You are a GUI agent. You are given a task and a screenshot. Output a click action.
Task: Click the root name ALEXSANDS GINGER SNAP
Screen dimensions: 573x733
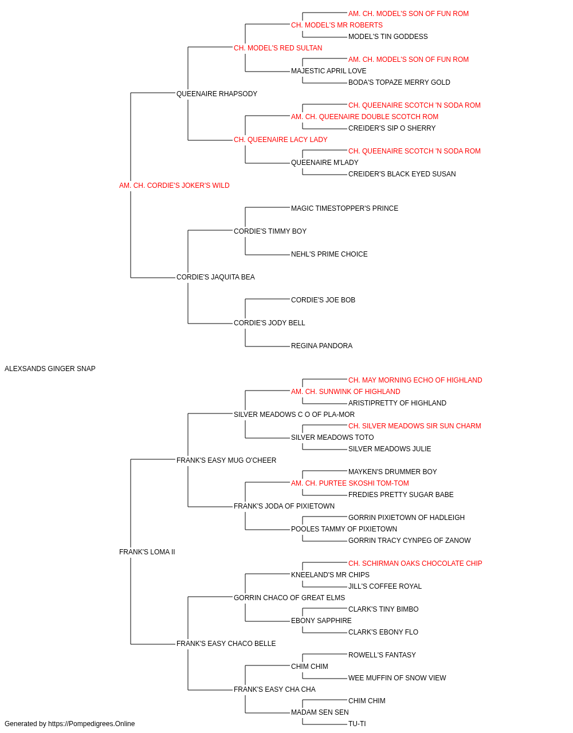pos(50,369)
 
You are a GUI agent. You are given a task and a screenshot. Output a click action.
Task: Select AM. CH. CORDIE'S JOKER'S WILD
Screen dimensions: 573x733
pos(174,186)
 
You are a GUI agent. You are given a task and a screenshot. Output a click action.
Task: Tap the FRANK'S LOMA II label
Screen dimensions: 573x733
pos(147,552)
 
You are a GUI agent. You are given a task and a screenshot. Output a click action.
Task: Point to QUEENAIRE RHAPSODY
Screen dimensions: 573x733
pos(217,94)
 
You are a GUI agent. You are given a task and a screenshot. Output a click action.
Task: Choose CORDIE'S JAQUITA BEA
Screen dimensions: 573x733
pos(215,277)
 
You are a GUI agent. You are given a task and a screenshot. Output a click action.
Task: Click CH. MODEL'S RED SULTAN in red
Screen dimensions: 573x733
pos(278,48)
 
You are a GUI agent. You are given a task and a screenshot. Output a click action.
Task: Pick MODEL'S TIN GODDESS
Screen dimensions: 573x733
pos(388,37)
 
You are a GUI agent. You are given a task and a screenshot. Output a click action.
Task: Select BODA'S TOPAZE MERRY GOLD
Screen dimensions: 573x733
pos(399,82)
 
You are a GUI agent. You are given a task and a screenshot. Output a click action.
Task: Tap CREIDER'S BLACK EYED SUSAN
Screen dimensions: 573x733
pos(402,174)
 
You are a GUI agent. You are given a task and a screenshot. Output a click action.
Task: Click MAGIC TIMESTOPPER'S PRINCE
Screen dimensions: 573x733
pos(344,208)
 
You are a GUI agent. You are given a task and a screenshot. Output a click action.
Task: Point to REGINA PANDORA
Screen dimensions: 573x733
pos(321,346)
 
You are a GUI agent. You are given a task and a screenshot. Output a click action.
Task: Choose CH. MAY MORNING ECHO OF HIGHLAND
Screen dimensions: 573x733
pos(415,380)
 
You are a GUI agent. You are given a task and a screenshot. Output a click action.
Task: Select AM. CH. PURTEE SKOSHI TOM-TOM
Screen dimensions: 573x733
pos(350,483)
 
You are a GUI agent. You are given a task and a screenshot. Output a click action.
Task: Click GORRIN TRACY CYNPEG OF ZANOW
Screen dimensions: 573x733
pos(409,541)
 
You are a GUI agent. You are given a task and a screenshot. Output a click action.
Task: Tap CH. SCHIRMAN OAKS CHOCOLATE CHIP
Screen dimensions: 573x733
pos(415,563)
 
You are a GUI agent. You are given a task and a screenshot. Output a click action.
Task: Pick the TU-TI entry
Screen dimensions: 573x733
pos(357,724)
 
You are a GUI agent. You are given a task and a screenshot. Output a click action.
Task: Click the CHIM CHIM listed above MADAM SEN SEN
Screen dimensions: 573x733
pos(367,700)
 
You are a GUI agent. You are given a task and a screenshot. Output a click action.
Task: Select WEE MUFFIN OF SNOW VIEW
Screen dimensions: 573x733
pos(397,677)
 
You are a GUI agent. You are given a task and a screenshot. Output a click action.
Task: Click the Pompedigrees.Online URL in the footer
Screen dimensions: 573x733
pos(92,724)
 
